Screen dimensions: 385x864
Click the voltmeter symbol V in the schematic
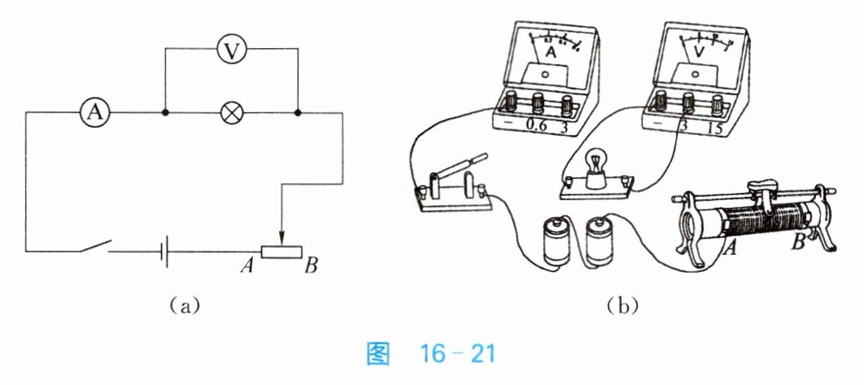pyautogui.click(x=232, y=50)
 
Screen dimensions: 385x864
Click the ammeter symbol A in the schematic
pyautogui.click(x=95, y=113)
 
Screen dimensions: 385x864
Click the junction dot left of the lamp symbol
pyautogui.click(x=165, y=113)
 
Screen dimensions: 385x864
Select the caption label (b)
pyautogui.click(x=622, y=307)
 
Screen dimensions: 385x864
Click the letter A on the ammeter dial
pyautogui.click(x=552, y=53)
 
